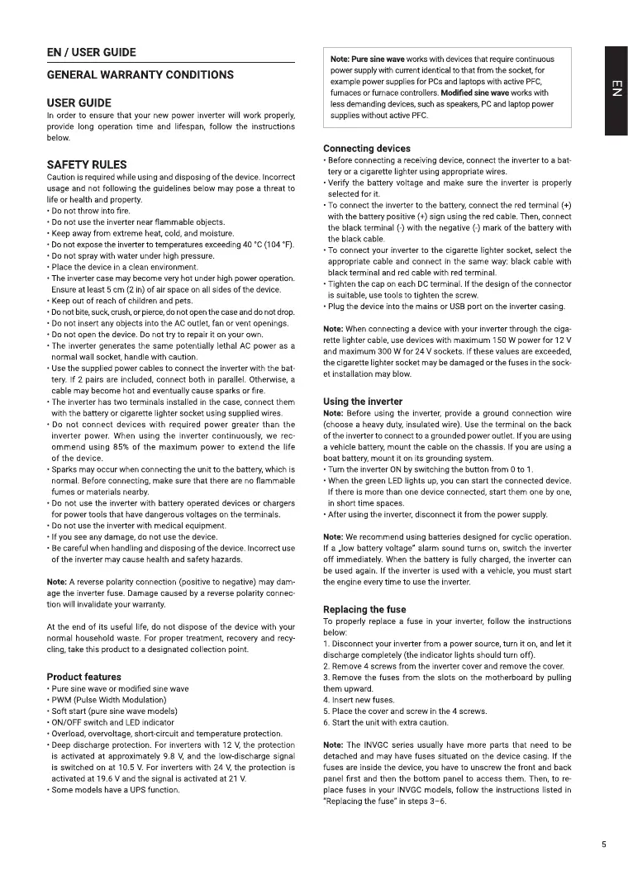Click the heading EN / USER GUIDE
coord(91,53)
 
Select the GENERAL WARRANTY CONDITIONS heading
coord(140,75)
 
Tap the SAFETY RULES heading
coord(87,164)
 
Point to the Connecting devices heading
coord(366,149)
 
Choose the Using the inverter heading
coord(363,402)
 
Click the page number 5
coord(604,845)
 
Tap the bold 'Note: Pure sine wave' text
coord(367,59)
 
